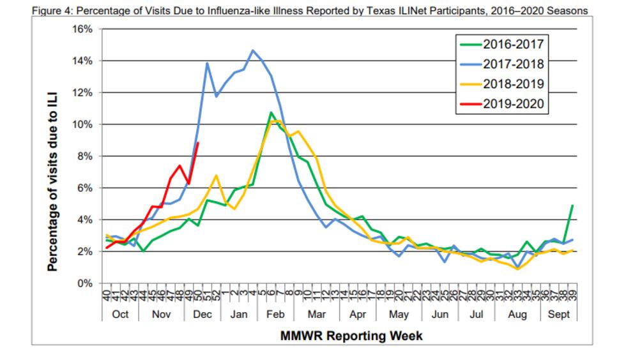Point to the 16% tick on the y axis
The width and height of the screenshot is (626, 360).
point(82,29)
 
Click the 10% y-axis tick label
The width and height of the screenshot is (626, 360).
point(82,124)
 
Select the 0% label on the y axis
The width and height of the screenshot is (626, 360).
point(84,283)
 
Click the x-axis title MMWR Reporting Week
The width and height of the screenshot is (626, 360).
point(351,336)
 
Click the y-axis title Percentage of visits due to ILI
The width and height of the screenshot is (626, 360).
point(53,157)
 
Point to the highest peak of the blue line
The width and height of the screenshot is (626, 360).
point(253,50)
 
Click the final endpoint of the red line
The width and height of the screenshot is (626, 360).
point(198,142)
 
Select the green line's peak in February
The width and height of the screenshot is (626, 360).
point(271,112)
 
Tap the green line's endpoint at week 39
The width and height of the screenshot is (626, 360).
point(572,206)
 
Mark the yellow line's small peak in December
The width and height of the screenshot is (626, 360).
point(217,176)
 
